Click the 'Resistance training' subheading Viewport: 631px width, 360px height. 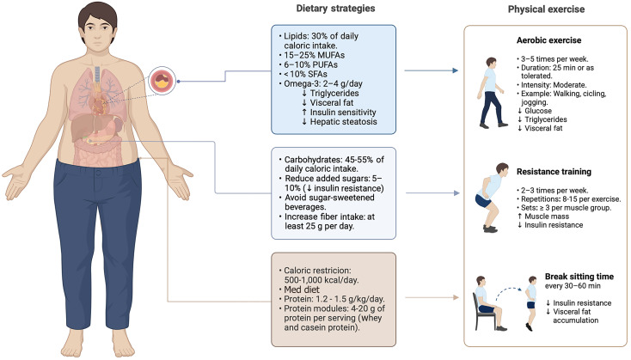(558, 171)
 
